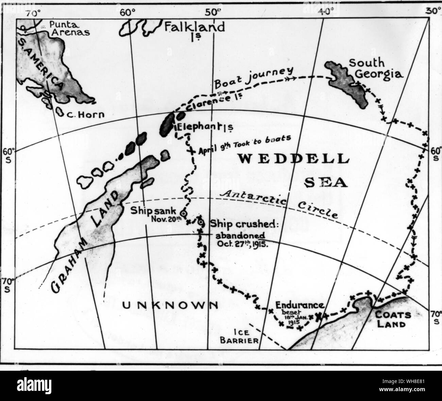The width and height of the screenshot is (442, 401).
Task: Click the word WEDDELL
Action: coord(293,159)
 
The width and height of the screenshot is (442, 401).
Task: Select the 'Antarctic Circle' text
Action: coord(279,204)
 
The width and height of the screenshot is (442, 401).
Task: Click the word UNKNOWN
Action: coord(170,305)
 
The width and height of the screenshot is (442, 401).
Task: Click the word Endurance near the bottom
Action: coord(300,305)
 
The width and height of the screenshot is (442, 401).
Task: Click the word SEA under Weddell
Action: coord(326,183)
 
